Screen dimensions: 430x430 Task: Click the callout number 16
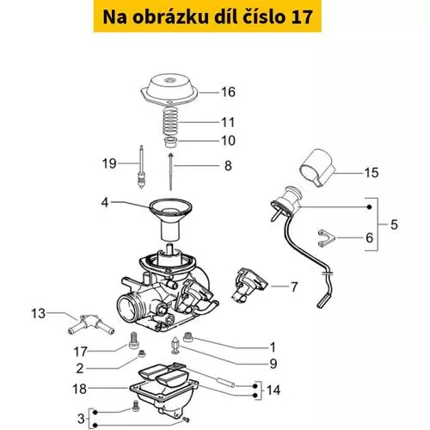(228, 92)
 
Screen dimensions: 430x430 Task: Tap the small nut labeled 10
(170, 142)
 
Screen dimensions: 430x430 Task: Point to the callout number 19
(109, 163)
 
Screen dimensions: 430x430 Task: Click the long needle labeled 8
(171, 171)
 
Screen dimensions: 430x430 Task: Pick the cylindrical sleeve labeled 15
(317, 167)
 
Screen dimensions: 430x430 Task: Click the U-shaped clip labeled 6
(326, 238)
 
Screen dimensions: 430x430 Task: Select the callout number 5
(394, 224)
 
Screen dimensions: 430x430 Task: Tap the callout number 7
(294, 287)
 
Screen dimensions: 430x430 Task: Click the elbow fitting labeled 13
(91, 325)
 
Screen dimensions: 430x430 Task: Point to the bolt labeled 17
(133, 341)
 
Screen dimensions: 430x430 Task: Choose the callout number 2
(80, 368)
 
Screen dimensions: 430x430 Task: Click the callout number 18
(79, 389)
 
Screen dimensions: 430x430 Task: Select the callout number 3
(81, 419)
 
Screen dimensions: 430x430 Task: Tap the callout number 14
(273, 390)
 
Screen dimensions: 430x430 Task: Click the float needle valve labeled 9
(175, 345)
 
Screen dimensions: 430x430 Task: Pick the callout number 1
(273, 347)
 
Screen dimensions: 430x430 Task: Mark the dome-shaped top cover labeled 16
(169, 89)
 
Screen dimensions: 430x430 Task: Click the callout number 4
(105, 203)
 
